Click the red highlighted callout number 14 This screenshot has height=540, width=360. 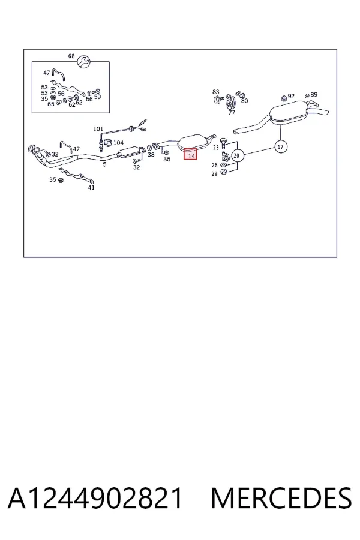point(191,156)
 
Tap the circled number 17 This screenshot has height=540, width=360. point(281,147)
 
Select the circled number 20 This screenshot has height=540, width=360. point(236,155)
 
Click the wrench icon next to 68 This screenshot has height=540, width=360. point(83,62)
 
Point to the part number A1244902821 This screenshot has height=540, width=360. point(95,498)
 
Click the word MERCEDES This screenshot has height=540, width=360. point(281,498)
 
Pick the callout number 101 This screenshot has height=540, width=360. point(98,129)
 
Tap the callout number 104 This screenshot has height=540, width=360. point(118,143)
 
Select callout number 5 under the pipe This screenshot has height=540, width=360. point(105,164)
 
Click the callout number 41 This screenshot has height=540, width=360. point(91,188)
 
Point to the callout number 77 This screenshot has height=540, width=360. point(232,113)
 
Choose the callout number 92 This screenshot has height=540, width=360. point(291,96)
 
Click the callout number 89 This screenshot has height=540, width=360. point(314,94)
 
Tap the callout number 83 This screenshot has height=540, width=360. point(215,92)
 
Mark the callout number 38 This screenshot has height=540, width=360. point(151,155)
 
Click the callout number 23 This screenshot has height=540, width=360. point(215,148)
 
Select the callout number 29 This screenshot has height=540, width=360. point(214,174)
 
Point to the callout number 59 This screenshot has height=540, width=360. point(97,97)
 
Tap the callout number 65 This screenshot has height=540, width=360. point(51,104)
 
